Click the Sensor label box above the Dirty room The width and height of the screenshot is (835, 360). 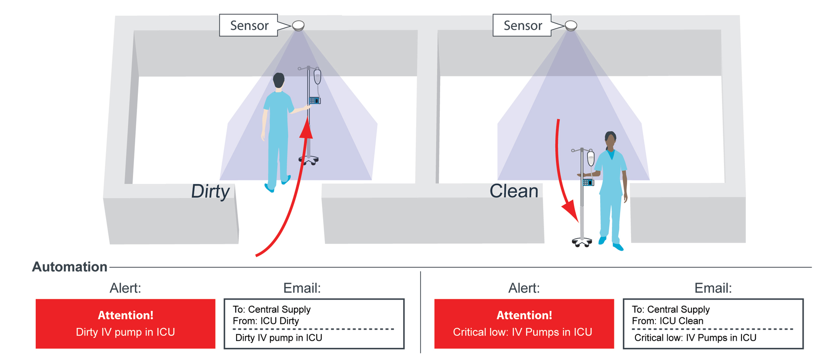(x=249, y=25)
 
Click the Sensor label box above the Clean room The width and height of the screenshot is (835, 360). (x=522, y=25)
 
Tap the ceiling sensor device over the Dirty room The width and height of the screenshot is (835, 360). (x=298, y=26)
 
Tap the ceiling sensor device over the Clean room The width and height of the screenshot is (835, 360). (x=571, y=26)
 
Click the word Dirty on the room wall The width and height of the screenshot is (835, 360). (x=210, y=191)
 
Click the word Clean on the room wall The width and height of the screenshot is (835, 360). (x=514, y=191)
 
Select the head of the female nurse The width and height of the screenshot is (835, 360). (x=611, y=140)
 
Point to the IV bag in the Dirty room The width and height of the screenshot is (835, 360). (x=317, y=77)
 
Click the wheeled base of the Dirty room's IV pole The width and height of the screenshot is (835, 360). (x=308, y=160)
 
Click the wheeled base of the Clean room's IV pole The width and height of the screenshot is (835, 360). (x=582, y=242)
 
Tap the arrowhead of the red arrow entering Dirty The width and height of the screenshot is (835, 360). (x=307, y=129)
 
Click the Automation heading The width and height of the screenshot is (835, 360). (x=70, y=267)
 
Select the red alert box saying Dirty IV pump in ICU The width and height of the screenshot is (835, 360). (x=125, y=324)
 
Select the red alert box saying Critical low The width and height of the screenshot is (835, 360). (x=524, y=324)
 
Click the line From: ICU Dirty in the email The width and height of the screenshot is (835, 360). (x=266, y=321)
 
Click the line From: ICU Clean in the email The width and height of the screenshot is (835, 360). (x=667, y=321)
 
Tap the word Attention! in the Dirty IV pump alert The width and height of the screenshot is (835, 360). (x=125, y=315)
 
